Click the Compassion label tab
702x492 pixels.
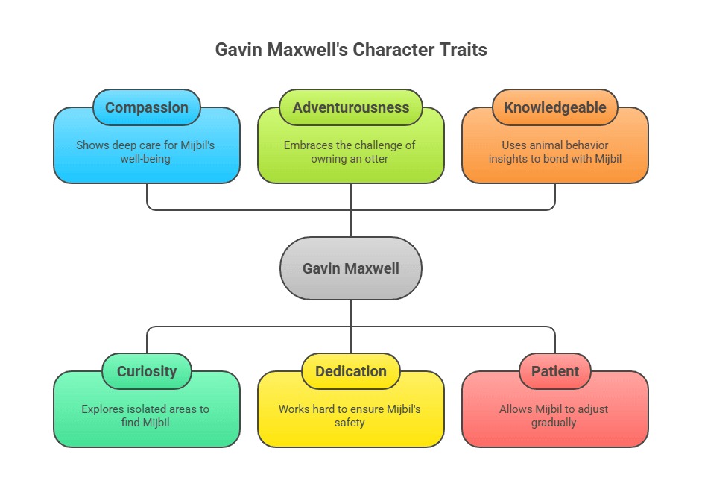(147, 107)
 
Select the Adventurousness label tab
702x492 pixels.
(351, 107)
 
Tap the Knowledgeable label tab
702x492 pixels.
(555, 107)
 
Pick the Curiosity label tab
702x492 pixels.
(147, 371)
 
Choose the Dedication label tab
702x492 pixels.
(351, 371)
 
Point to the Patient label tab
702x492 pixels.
(555, 371)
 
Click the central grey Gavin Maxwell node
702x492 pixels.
(351, 268)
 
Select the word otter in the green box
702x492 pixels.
(374, 159)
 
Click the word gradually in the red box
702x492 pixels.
(555, 423)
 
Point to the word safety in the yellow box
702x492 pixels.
(351, 423)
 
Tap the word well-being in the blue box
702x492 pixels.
(147, 159)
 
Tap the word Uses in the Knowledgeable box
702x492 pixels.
(513, 145)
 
